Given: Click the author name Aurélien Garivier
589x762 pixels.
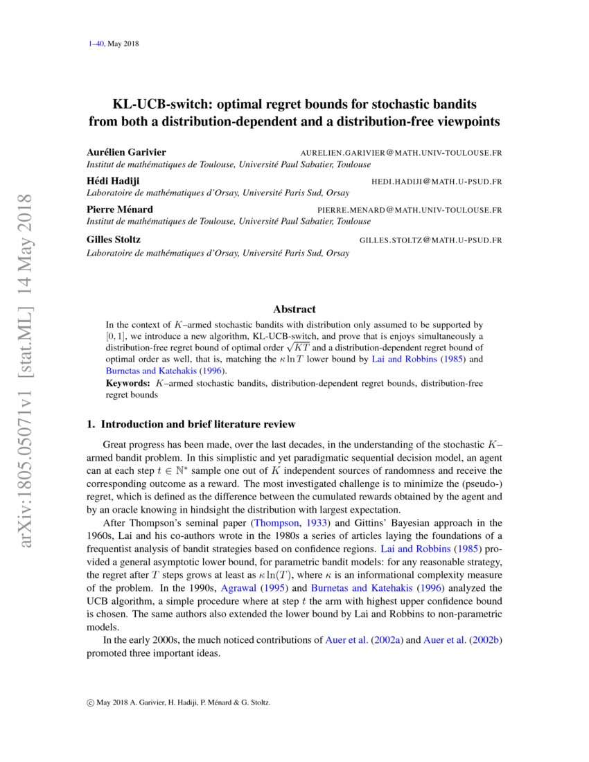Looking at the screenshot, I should click(126, 152).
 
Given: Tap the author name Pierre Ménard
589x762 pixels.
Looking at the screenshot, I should click(120, 209).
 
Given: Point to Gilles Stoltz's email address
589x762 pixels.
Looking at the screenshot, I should click(430, 240).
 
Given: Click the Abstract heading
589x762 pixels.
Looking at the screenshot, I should click(294, 309).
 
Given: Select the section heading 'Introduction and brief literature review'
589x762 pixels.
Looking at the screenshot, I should click(198, 424).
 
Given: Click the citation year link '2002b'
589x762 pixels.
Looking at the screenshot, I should click(484, 640).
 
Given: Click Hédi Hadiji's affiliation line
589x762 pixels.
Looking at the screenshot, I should click(218, 193).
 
